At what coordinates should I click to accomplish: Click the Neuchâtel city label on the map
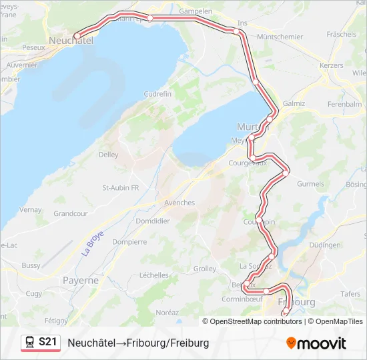[70, 41]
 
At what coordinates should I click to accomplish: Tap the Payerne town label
[81, 281]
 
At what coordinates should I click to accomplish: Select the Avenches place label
[179, 203]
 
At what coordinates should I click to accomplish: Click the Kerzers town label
[331, 65]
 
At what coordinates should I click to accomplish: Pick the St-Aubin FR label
[120, 188]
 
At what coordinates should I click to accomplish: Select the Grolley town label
[204, 269]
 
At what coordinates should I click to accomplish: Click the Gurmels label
[310, 184]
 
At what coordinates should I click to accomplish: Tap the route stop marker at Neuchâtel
[77, 35]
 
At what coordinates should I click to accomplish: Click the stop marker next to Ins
[237, 31]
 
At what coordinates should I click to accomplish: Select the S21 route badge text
[47, 342]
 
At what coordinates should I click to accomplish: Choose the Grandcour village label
[71, 214]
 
